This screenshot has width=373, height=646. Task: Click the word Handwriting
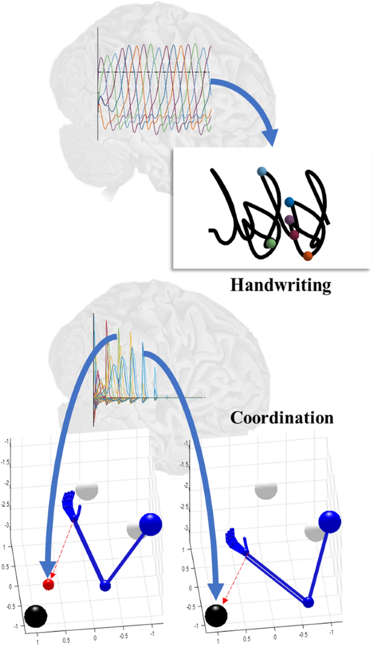280,284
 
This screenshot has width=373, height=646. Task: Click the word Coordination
281,418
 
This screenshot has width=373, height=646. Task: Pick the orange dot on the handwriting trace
308,256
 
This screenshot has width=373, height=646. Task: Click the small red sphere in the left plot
48,585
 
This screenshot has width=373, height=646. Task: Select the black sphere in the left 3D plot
35,616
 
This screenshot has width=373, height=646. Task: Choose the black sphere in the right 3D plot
217,617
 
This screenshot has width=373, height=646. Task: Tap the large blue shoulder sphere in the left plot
151,525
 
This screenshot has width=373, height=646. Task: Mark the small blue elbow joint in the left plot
105,586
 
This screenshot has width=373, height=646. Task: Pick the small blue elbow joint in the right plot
308,602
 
